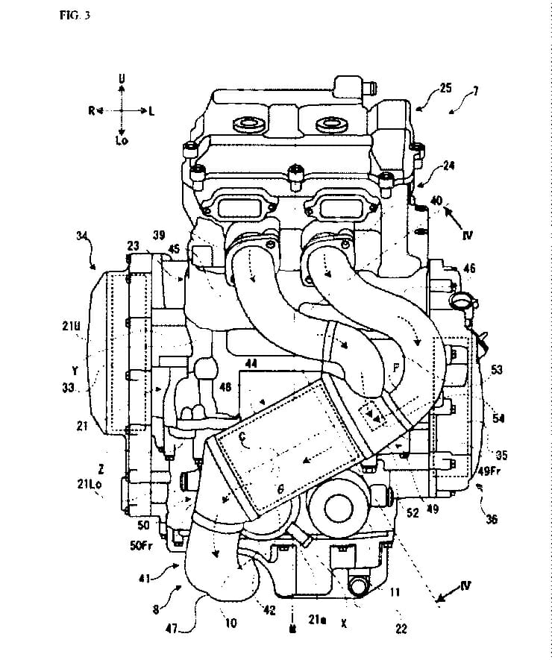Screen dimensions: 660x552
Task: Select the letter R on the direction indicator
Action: pos(91,110)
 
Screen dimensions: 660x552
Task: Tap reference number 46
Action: pos(470,266)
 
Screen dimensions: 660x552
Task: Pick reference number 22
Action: pos(401,629)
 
